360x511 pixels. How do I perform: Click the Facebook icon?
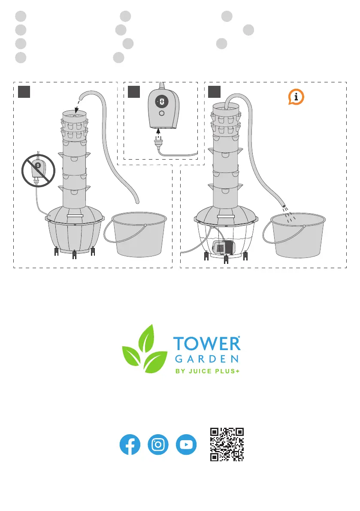(x=130, y=444)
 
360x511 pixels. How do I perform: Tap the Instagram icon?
(x=158, y=444)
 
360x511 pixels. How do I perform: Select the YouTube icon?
(x=186, y=444)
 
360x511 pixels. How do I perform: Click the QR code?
(x=227, y=444)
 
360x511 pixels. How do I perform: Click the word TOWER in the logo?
(x=206, y=345)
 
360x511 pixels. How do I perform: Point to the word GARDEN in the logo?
(x=206, y=359)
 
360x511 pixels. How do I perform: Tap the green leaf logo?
(x=145, y=349)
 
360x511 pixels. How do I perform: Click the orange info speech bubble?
(x=296, y=97)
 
